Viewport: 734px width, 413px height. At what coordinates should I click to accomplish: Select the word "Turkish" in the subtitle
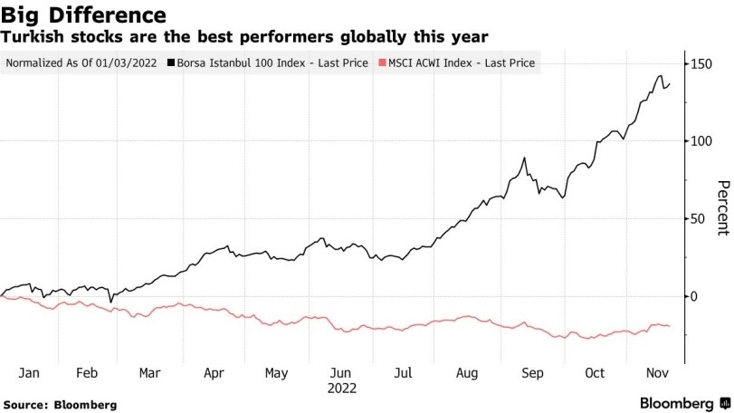(x=35, y=37)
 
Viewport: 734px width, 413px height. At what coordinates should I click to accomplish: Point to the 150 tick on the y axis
(x=700, y=63)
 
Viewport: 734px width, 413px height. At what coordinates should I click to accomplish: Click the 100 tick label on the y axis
(x=700, y=141)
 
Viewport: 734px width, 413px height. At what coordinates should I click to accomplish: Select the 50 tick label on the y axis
(x=696, y=218)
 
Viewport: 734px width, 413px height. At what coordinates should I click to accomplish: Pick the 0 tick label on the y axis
(x=692, y=296)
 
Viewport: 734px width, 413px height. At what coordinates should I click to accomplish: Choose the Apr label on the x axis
(x=214, y=372)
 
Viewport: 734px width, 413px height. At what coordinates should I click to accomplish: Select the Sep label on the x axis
(x=533, y=372)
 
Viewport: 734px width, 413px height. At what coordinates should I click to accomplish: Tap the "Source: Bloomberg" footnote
(x=60, y=404)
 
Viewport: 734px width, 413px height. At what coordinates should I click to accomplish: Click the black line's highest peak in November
(x=662, y=76)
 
